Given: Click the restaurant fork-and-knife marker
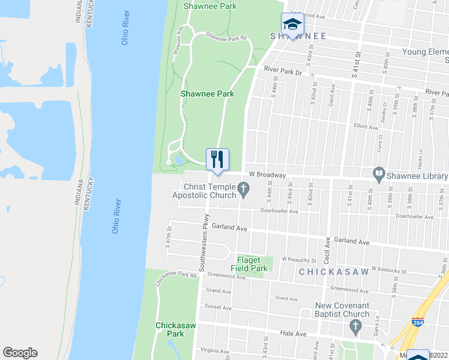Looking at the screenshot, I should click(218, 160).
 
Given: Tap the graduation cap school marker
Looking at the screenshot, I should click(292, 25).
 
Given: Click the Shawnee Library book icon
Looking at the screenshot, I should click(379, 175).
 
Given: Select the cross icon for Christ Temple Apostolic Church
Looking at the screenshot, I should click(244, 191).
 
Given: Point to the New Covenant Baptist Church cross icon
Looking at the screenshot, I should click(355, 327).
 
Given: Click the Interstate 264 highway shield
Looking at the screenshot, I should click(416, 322).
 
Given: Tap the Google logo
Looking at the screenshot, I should click(20, 353).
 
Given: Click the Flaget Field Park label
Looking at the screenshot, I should click(249, 264).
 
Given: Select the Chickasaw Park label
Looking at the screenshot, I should click(169, 329).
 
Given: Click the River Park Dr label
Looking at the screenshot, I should click(283, 71).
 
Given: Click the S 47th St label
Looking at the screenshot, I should click(169, 236).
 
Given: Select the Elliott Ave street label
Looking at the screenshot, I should click(366, 127).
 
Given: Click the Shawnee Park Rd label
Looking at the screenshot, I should click(226, 37).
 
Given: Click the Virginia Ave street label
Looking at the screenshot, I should click(215, 350).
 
